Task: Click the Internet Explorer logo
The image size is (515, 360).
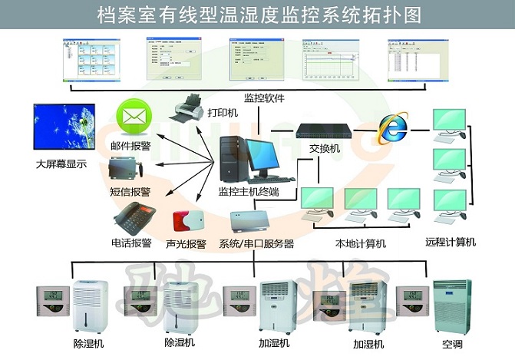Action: point(393,128)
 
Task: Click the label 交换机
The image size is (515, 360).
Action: point(324,149)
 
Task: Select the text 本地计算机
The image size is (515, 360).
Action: point(361,244)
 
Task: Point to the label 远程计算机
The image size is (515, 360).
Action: point(451,242)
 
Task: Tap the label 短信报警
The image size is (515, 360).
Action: point(131,191)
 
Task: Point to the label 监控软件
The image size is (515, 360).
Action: point(264,98)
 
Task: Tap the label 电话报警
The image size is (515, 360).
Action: point(131,243)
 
